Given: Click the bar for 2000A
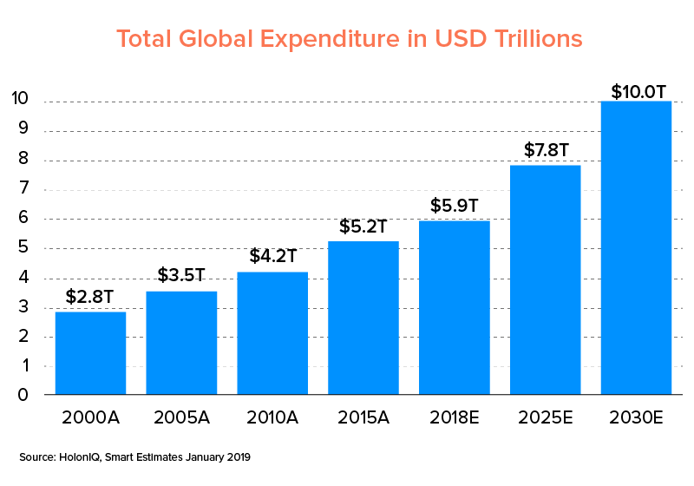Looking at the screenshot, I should click(90, 353).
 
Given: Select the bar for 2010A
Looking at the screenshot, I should click(272, 333).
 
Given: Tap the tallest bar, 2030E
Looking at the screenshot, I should click(637, 248).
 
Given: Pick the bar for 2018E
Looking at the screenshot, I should click(455, 308).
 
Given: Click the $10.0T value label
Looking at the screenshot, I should click(637, 91).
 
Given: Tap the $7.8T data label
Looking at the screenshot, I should click(546, 149).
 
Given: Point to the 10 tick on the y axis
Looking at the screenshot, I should click(22, 102).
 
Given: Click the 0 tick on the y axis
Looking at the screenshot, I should click(24, 395).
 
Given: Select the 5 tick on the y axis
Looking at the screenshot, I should click(24, 248).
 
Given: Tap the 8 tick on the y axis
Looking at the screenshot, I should click(24, 161).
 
